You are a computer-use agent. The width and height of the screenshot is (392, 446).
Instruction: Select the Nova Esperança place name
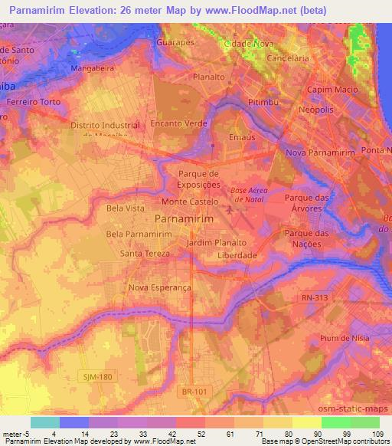click(159, 288)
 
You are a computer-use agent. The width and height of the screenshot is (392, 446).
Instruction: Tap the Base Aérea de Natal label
click(250, 195)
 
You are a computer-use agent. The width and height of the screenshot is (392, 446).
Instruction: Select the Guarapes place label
click(175, 43)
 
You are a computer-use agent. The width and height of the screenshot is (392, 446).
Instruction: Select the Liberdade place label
click(237, 255)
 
